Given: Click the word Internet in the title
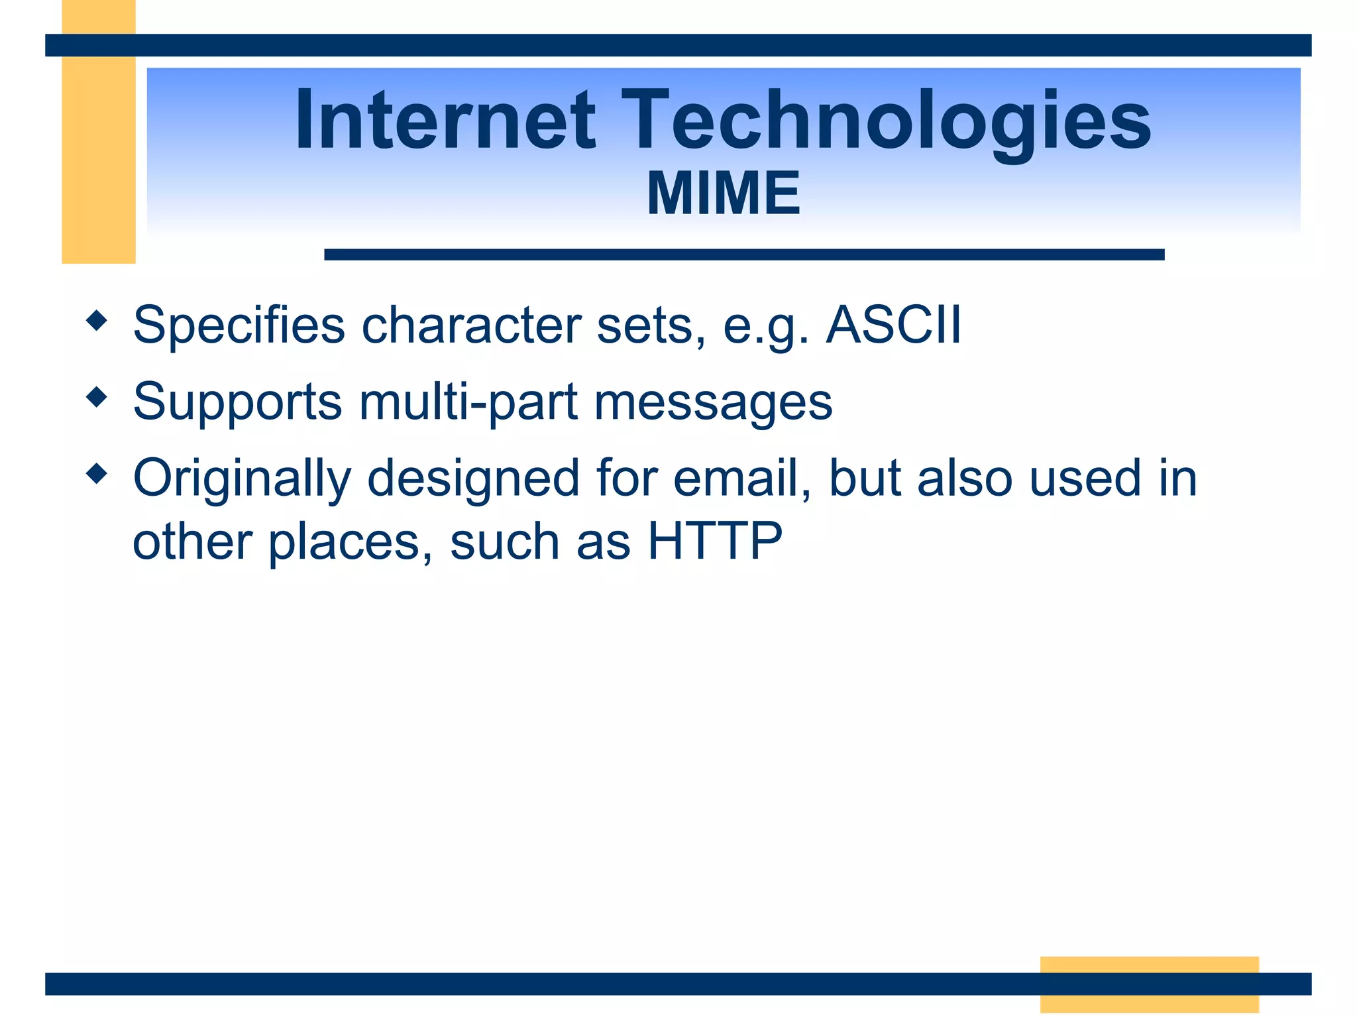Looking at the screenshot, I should [445, 121].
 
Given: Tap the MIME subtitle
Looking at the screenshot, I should [724, 194].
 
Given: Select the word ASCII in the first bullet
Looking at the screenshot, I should [893, 325].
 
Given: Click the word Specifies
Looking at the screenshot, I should [239, 326].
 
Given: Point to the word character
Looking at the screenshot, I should [471, 326].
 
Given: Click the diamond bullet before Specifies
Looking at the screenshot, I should [97, 321].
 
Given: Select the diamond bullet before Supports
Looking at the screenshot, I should [97, 398].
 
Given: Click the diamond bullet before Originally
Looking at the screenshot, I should [97, 474].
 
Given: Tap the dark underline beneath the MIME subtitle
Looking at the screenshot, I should [743, 254].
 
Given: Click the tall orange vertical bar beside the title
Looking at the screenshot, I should [98, 159].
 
